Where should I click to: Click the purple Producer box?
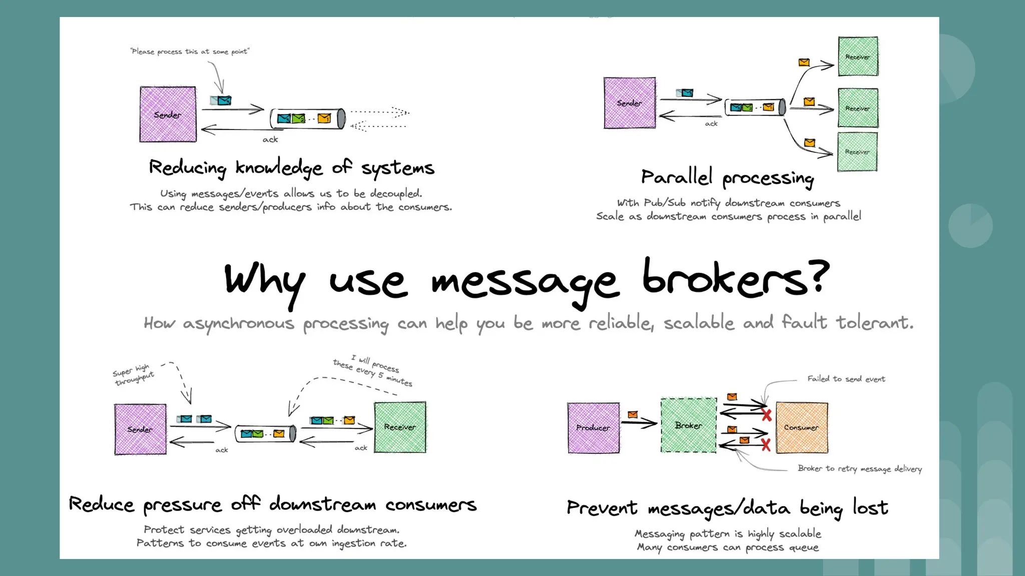(593, 428)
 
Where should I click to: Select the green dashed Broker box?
(688, 425)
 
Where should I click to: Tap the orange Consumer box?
(801, 427)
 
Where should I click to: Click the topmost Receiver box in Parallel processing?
(858, 56)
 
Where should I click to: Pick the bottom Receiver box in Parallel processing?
(857, 151)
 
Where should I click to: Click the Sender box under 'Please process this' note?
(168, 114)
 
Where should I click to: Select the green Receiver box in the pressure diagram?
(400, 427)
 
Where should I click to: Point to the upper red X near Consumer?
(766, 414)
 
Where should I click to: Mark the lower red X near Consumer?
(766, 444)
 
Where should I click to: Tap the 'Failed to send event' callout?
(846, 379)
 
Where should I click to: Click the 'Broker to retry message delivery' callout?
(859, 468)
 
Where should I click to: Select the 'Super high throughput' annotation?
(133, 374)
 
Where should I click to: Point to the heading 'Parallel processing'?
(727, 178)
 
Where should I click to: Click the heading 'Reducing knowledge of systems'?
(291, 168)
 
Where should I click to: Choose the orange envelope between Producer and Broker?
(633, 414)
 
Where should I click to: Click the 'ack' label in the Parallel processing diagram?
(711, 123)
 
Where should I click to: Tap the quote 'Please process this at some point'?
(189, 51)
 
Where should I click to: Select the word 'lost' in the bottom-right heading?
(870, 507)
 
